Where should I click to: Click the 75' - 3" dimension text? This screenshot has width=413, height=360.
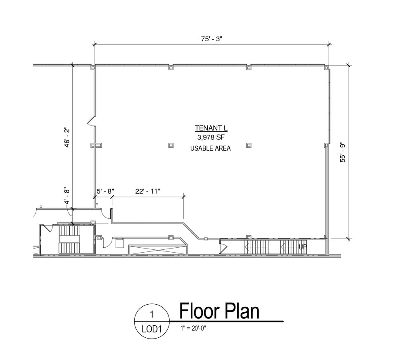(211, 39)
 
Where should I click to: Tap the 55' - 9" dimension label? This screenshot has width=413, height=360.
(342, 152)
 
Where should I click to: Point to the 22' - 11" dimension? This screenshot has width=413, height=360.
(147, 191)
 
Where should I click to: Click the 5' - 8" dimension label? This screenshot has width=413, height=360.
(105, 191)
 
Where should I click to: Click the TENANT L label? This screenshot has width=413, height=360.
(210, 128)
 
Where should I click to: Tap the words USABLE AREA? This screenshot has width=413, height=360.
(210, 148)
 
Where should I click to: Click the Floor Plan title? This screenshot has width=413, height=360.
(219, 311)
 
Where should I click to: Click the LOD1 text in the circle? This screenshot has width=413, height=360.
(152, 329)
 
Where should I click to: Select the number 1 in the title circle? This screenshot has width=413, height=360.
(152, 315)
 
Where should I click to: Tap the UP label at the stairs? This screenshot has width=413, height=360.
(302, 247)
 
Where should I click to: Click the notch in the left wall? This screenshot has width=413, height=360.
(91, 121)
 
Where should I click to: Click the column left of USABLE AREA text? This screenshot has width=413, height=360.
(171, 145)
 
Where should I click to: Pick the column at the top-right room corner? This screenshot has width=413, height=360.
(326, 67)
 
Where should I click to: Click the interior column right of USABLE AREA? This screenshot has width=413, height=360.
(248, 145)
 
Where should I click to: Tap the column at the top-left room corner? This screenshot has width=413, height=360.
(93, 67)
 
